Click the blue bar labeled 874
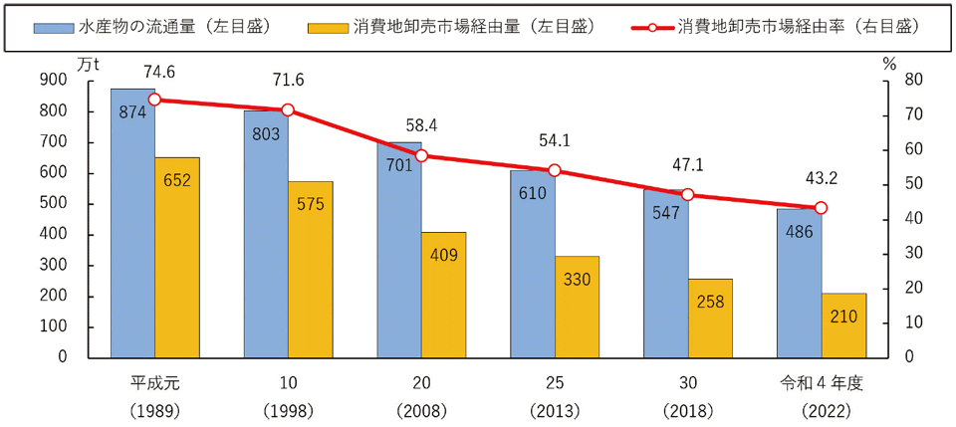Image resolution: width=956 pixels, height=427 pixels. (132, 223)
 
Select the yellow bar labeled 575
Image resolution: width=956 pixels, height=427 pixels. (311, 269)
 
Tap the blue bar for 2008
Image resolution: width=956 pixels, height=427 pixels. (399, 250)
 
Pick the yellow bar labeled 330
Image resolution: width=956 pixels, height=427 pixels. (578, 307)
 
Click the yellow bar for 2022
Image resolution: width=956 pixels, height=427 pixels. (843, 325)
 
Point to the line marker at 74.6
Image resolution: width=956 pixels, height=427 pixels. (155, 100)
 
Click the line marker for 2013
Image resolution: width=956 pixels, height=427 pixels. (555, 170)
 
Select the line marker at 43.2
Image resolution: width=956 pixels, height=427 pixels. (821, 208)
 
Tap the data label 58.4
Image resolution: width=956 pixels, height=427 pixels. (421, 125)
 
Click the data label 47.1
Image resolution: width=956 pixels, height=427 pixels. (688, 165)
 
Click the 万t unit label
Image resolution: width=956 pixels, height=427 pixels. (89, 64)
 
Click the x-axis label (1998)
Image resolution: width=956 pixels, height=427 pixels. (289, 412)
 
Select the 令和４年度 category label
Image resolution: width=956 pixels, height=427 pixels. (822, 384)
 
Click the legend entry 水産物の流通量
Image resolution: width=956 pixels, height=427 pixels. (152, 28)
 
